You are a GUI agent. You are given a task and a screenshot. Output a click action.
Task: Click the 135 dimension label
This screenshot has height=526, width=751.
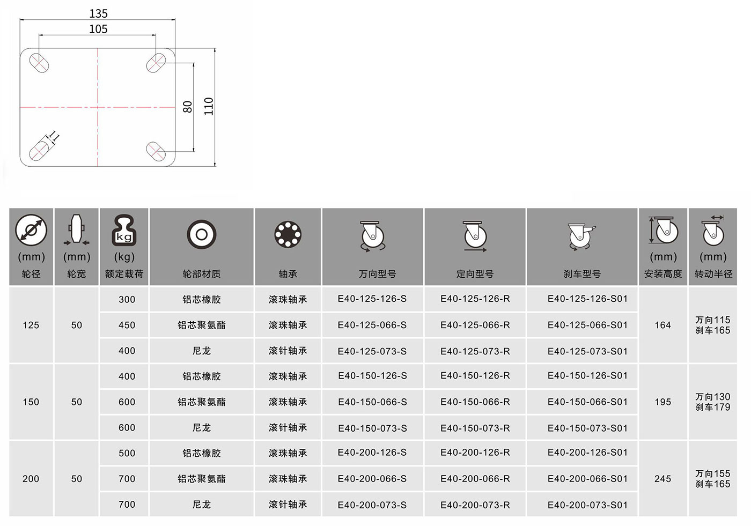click(x=98, y=14)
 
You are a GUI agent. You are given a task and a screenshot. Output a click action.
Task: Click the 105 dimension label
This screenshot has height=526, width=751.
click(x=98, y=29)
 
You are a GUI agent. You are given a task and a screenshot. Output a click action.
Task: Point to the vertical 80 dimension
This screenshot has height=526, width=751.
click(x=187, y=107)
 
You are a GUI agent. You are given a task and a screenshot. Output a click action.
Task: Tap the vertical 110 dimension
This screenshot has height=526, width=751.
click(x=209, y=107)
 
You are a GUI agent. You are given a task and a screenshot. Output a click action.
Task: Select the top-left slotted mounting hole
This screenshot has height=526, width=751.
click(x=39, y=63)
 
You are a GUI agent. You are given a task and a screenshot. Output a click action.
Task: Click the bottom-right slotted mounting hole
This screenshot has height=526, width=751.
click(x=156, y=151)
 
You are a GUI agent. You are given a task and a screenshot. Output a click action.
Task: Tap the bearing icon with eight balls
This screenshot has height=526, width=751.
click(x=288, y=234)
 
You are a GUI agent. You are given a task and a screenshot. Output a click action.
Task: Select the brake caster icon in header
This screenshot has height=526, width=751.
click(x=581, y=237)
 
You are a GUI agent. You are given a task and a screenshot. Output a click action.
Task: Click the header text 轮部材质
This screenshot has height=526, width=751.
click(x=202, y=274)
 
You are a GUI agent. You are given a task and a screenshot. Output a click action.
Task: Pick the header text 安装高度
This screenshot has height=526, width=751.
click(x=663, y=274)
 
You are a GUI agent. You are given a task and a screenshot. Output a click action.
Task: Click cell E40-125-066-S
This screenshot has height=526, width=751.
click(x=372, y=325)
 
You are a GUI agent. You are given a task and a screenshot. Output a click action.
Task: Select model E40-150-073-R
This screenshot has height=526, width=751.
click(x=475, y=428)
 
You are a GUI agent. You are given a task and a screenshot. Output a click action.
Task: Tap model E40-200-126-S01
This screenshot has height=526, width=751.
click(x=587, y=453)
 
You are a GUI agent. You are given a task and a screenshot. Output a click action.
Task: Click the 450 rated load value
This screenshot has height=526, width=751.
click(x=127, y=325)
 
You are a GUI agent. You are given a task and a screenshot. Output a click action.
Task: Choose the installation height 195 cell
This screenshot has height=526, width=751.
click(x=663, y=402)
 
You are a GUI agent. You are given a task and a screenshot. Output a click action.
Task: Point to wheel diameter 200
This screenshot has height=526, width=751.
click(x=31, y=479)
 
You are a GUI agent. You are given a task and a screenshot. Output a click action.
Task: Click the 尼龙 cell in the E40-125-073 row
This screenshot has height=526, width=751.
click(x=202, y=351)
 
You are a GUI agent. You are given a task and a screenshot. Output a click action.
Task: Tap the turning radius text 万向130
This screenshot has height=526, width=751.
click(x=712, y=397)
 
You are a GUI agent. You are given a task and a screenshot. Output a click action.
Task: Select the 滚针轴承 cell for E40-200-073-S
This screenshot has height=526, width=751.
click(x=288, y=505)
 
